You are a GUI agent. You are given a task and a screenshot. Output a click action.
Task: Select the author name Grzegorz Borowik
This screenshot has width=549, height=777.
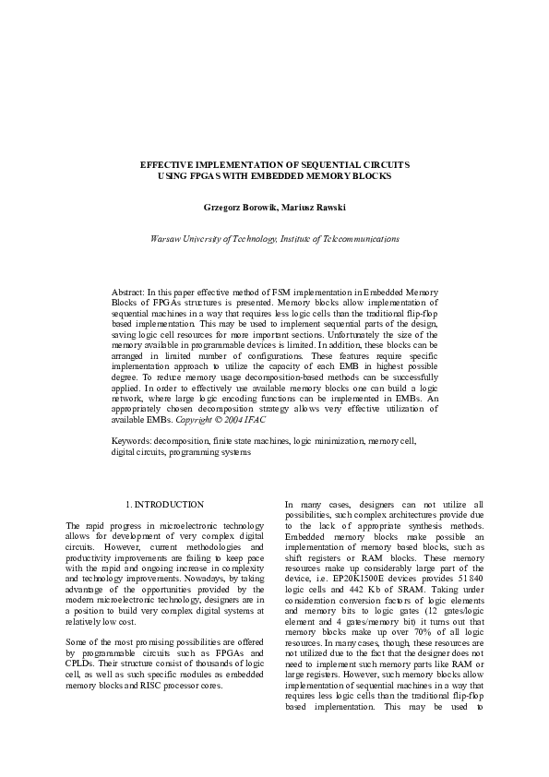pos(234,208)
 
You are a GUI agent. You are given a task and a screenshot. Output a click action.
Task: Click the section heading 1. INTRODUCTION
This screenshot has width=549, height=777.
pos(163,504)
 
